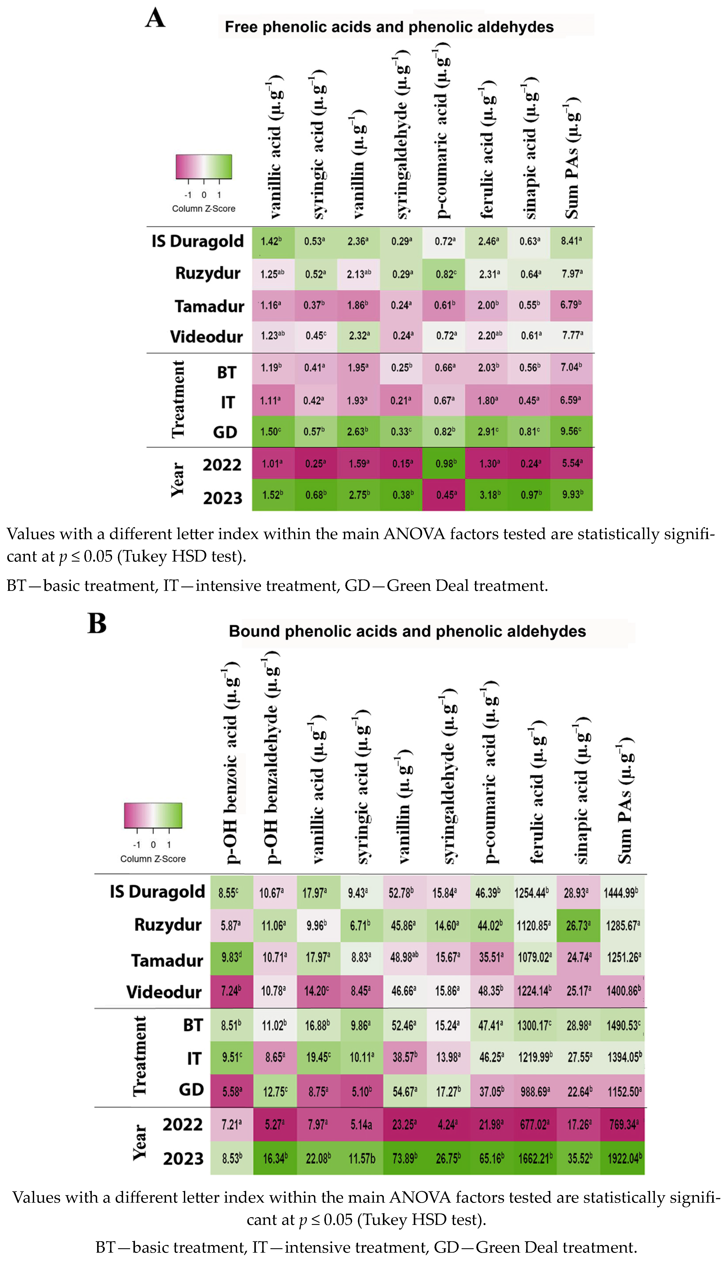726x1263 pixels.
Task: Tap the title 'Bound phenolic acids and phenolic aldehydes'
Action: [407, 631]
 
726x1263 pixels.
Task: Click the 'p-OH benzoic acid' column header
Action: [231, 763]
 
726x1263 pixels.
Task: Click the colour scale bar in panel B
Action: [153, 815]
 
